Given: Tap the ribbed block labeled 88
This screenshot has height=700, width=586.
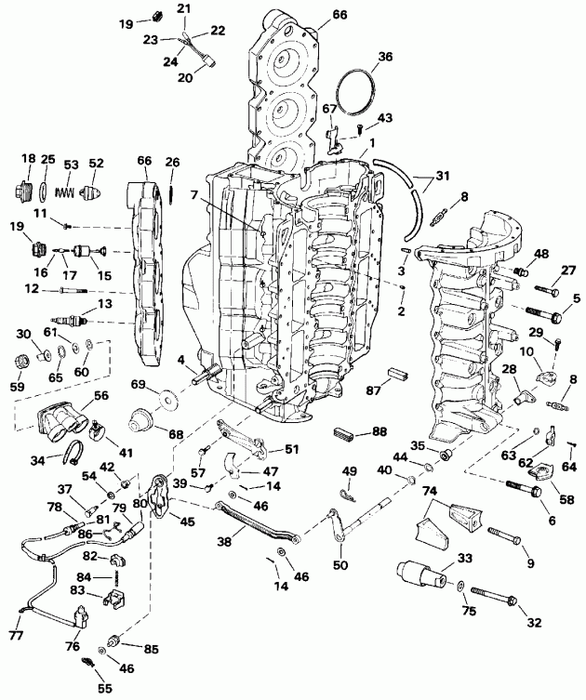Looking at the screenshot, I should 346,433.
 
